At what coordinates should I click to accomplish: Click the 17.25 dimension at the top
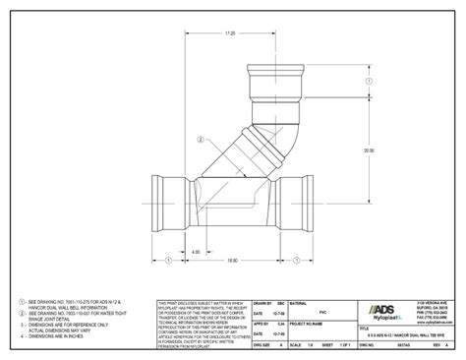(x=231, y=34)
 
